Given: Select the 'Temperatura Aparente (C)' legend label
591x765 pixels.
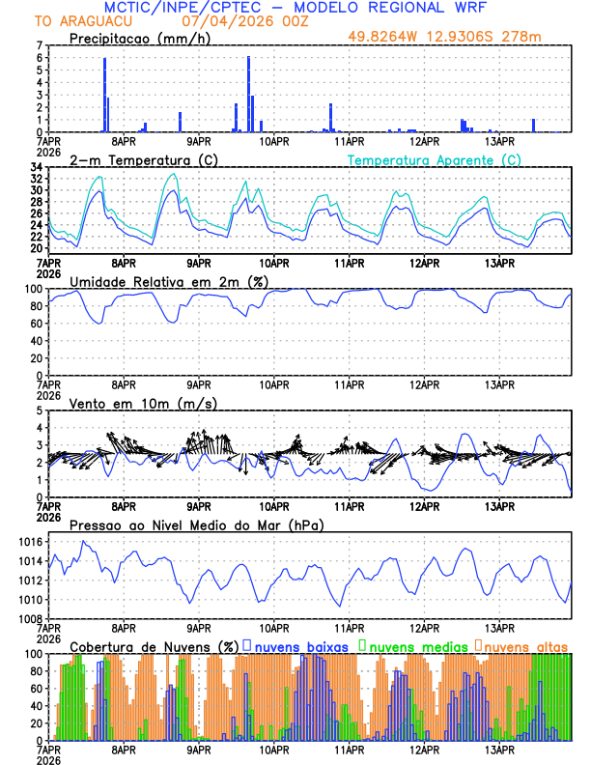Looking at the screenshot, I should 435,159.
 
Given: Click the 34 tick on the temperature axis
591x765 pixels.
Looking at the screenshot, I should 36,167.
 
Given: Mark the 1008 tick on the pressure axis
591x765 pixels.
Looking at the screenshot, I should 30,618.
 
